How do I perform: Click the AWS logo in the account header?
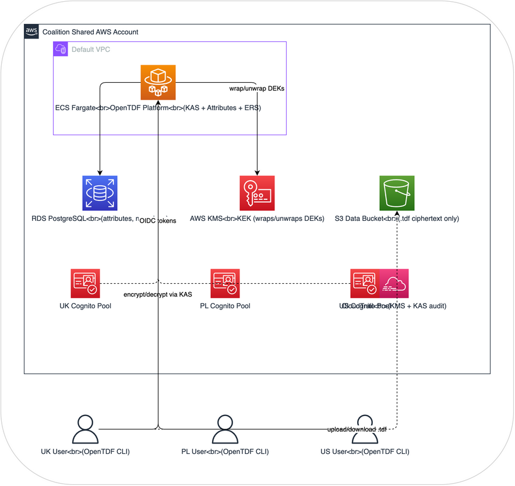coord(31,31)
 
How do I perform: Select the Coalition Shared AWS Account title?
coord(90,31)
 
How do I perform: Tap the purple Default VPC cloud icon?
coord(61,50)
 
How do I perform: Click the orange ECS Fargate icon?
coord(158,82)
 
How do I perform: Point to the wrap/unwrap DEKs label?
coord(256,89)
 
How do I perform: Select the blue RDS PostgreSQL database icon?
coord(100,193)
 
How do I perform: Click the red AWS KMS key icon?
coord(257,193)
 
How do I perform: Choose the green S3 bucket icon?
coord(397,193)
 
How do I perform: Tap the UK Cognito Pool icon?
coord(85,283)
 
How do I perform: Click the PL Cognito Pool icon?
coord(225,283)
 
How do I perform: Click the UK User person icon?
coord(85,429)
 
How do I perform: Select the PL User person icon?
coord(225,429)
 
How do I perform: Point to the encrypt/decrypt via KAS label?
coord(157,295)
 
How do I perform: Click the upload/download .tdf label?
coord(357,429)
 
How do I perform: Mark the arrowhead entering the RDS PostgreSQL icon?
coord(100,173)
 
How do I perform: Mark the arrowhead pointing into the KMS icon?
coord(257,173)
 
